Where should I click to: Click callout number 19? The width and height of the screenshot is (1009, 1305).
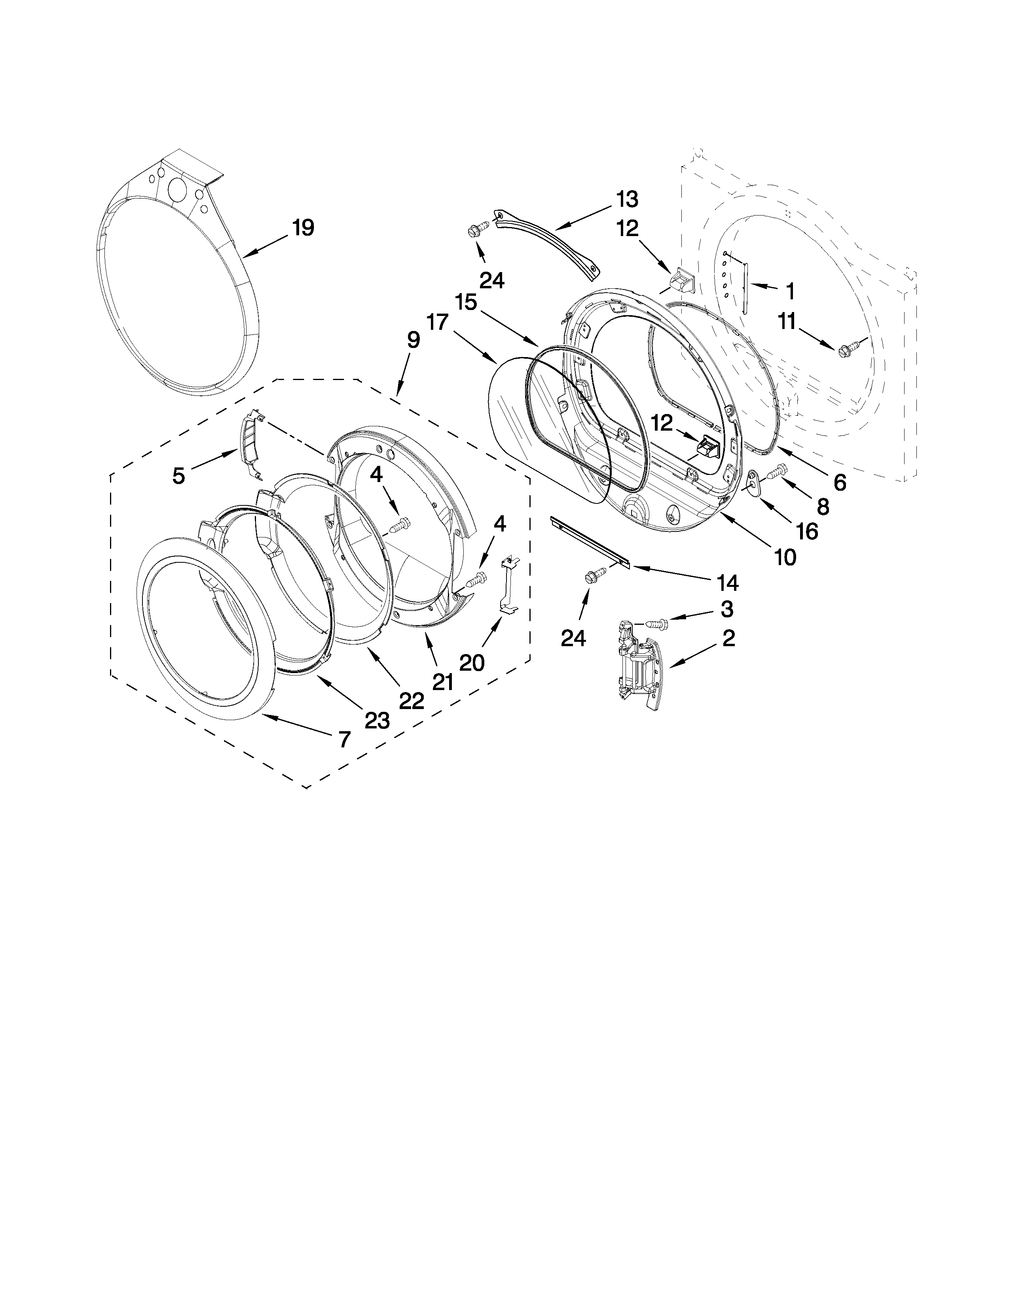point(303,228)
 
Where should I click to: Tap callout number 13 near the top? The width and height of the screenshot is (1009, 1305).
point(628,199)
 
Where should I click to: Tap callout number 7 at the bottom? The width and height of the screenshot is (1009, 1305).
point(344,740)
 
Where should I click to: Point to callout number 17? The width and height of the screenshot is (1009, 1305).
point(438,323)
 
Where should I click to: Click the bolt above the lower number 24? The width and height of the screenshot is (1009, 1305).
point(594,576)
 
